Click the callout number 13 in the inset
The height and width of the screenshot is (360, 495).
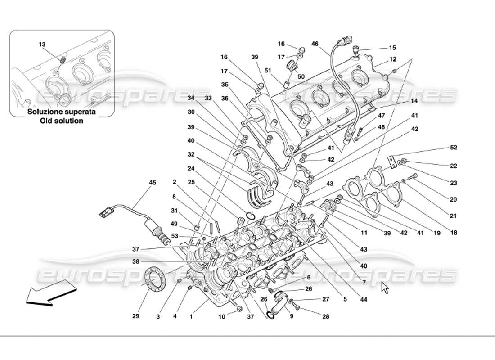42,45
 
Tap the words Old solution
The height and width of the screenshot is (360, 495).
61,121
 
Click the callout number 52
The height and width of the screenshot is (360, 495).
453,148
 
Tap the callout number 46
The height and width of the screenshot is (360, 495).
315,44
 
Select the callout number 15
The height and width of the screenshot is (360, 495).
392,48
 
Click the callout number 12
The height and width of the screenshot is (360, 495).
393,59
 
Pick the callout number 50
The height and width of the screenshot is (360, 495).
301,77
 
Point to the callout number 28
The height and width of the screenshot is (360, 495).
326,317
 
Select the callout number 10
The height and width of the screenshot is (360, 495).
221,317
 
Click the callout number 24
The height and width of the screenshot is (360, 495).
191,169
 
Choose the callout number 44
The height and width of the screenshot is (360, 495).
364,299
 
